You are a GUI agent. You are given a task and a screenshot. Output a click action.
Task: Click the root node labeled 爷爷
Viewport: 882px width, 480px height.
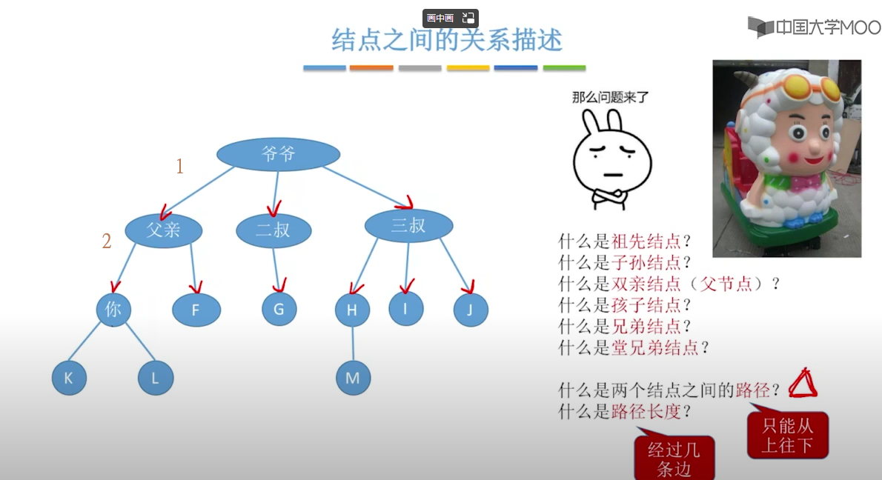(278, 154)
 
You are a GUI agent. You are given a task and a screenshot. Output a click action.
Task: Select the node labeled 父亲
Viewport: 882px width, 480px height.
(163, 230)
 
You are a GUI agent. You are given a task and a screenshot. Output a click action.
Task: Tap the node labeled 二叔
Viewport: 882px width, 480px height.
(273, 230)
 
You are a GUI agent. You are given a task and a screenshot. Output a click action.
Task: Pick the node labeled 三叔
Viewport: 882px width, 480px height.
(408, 226)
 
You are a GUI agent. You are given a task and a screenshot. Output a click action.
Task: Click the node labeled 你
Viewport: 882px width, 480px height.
(113, 309)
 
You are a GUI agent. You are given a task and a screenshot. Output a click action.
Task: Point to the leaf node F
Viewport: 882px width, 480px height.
(196, 310)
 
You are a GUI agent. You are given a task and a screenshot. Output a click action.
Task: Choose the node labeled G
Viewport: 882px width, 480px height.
(279, 309)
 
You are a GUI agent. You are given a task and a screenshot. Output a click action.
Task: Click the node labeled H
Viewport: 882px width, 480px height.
(352, 310)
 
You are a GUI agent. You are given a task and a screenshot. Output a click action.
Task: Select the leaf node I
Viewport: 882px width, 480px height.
(405, 308)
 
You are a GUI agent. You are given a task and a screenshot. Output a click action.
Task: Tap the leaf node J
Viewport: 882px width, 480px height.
(471, 310)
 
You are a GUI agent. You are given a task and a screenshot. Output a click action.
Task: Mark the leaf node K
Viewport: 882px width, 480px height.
(69, 378)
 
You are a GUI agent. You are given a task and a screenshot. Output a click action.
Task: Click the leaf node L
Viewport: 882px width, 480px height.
(156, 378)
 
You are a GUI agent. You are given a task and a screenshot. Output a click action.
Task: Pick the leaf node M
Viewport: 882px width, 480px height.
(353, 378)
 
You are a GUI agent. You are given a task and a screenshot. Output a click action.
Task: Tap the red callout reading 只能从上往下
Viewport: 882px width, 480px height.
(787, 435)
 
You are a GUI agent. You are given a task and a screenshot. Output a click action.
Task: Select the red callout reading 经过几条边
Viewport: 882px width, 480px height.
(674, 458)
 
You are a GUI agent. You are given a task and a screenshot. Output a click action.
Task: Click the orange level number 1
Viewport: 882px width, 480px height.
(179, 167)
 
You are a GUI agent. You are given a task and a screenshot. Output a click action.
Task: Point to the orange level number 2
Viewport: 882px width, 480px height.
(107, 241)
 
